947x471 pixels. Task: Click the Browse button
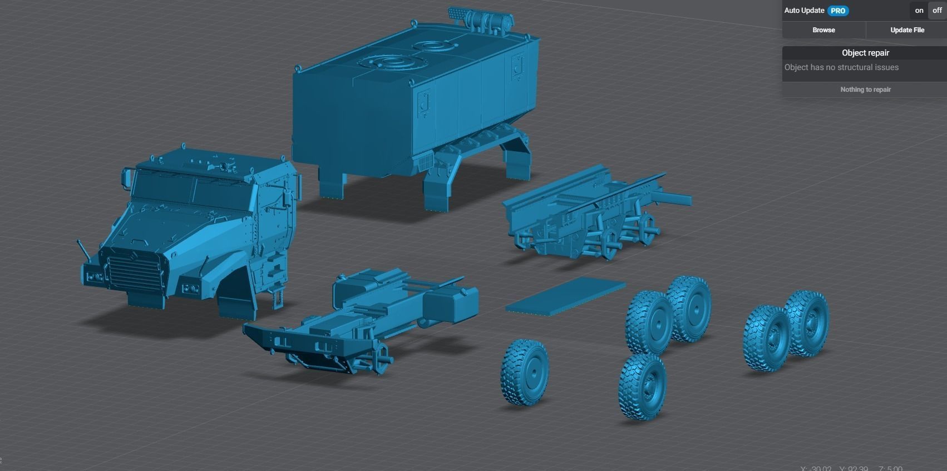tap(823, 30)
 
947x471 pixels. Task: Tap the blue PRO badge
tap(837, 11)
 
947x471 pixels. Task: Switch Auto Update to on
tap(919, 11)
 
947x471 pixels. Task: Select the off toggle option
tap(937, 11)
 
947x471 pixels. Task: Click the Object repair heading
tap(865, 53)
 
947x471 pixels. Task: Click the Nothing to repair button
tap(865, 90)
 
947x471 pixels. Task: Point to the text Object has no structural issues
tap(841, 67)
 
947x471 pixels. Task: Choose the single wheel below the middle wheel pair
tap(643, 388)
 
